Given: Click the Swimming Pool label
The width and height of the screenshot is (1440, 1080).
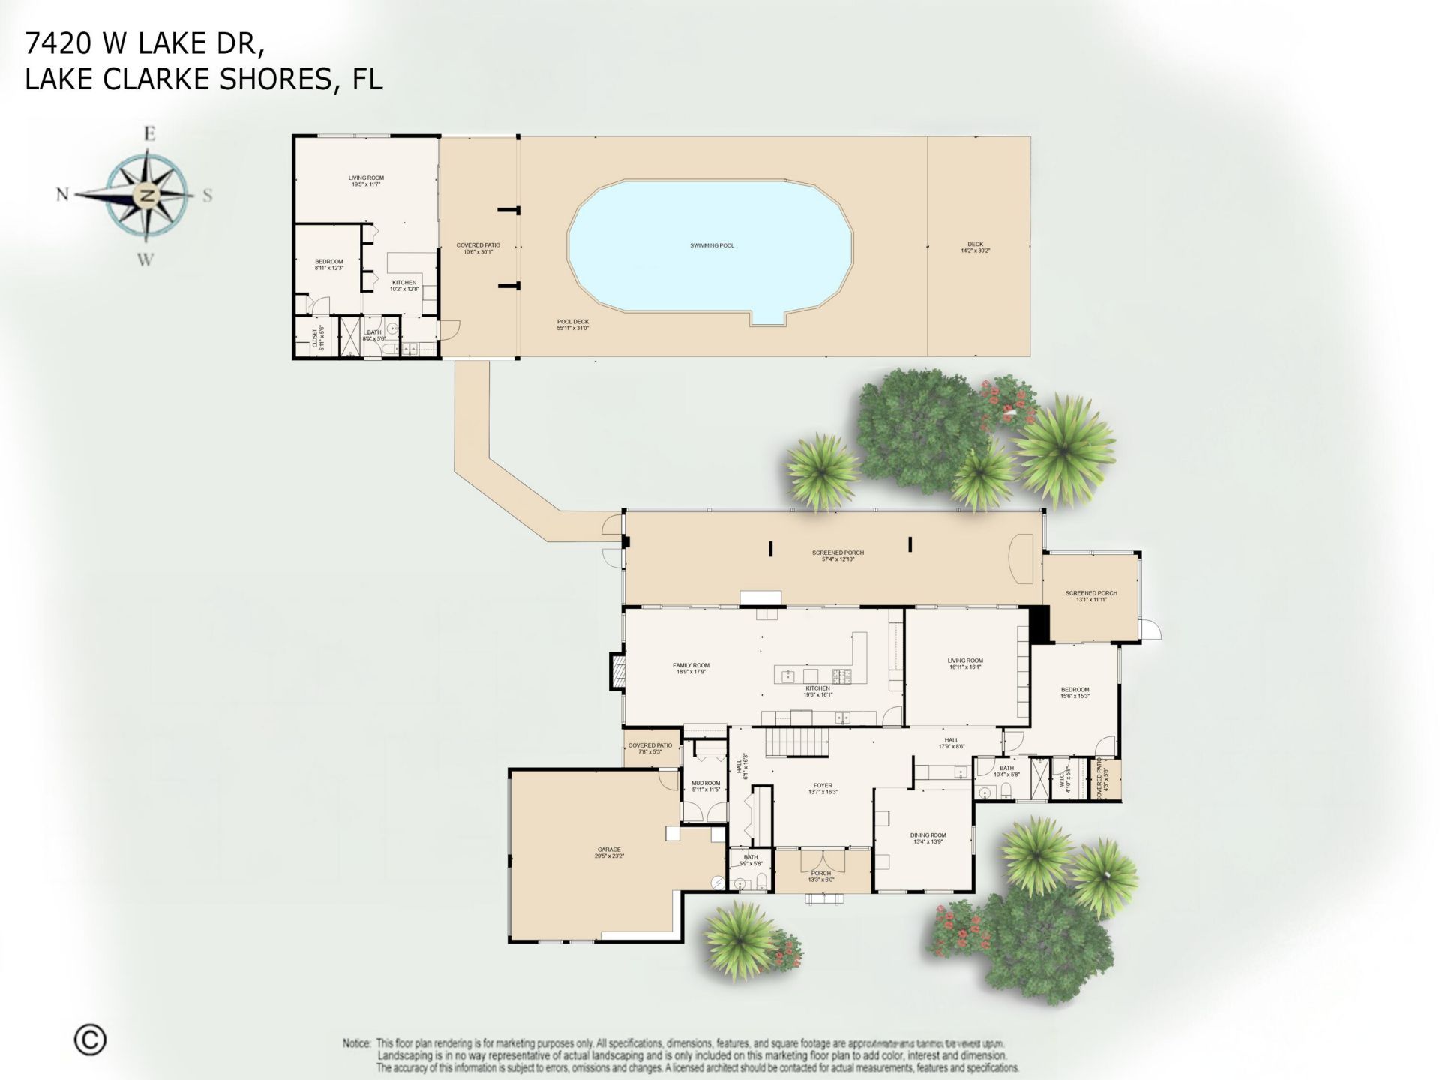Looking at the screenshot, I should coord(712,245).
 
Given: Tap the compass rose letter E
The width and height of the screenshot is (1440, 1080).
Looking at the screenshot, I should coord(149,134).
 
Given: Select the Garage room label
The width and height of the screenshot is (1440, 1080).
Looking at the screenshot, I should coord(609,850).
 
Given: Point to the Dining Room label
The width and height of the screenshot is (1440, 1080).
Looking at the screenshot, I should coord(928,835).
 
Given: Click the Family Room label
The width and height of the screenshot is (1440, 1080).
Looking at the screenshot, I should coord(691,665).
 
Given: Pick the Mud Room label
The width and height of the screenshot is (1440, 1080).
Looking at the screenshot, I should coord(705,783).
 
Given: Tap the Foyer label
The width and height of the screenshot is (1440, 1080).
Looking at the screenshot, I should coord(823,786).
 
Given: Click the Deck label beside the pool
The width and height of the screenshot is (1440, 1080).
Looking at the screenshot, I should coord(975,244).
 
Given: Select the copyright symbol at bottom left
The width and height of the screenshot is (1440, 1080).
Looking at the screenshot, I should coord(90,1039).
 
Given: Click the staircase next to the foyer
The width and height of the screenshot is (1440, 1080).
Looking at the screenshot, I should coord(797,744).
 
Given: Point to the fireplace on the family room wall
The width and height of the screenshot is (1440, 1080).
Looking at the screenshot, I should coord(616,671).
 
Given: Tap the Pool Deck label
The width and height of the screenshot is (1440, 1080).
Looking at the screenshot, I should coord(572,322).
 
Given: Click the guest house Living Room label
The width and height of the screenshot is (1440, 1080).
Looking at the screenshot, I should coord(366,178).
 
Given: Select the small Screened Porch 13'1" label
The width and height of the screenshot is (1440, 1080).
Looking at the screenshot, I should coord(1091,593).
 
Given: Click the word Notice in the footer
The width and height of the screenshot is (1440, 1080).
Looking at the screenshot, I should coord(357,1043).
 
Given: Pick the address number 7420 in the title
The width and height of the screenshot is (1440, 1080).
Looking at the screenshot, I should coord(58,44).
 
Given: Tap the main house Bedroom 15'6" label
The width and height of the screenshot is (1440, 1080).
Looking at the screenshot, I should coord(1075,690).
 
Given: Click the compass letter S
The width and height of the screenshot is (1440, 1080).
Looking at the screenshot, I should coord(208,196).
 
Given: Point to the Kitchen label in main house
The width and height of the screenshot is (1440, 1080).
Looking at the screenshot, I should coord(817,688).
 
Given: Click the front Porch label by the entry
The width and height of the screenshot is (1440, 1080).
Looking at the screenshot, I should coord(821,873).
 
